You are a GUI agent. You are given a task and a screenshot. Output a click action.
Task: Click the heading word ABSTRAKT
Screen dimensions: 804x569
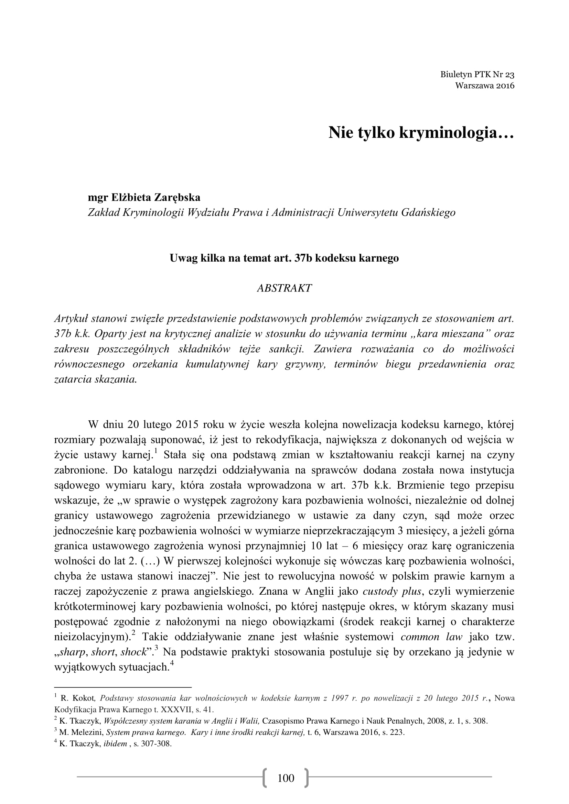[284, 288]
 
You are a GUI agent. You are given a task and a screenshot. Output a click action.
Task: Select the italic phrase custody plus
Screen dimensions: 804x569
[392, 592]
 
